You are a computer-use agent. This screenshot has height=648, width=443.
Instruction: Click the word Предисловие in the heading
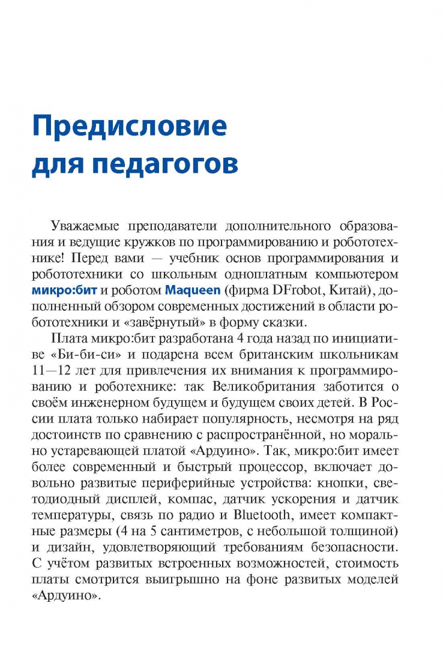pyautogui.click(x=130, y=127)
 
